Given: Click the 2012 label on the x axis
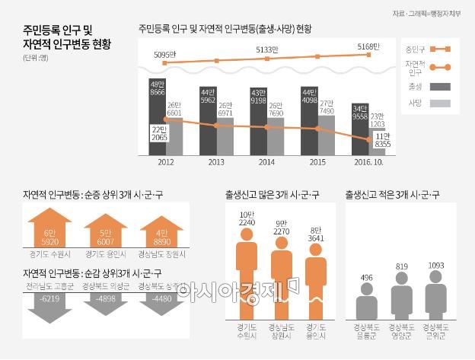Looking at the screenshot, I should click(x=165, y=162).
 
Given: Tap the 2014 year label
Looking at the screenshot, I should click(x=266, y=162).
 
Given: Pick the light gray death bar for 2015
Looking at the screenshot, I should click(x=326, y=134).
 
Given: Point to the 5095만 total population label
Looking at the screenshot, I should click(x=164, y=55).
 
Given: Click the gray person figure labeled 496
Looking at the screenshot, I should click(x=366, y=301).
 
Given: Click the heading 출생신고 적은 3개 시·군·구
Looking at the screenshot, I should click(x=391, y=195).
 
